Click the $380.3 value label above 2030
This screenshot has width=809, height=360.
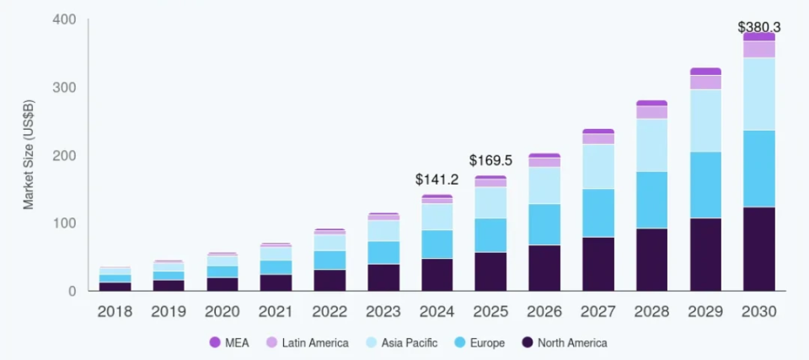(759, 27)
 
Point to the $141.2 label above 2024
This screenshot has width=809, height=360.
(437, 180)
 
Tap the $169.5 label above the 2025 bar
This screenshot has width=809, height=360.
(490, 160)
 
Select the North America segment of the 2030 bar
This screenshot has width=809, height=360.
(758, 249)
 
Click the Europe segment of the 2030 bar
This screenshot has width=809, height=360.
(758, 169)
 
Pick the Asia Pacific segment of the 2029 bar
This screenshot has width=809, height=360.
(705, 121)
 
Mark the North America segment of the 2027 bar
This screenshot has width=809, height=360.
(598, 264)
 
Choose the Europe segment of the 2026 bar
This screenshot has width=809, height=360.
(544, 224)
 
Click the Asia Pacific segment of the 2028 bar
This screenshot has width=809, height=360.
(651, 145)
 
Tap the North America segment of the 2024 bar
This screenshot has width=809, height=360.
(437, 275)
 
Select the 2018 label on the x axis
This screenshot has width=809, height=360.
(115, 312)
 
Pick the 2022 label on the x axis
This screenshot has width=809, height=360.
(329, 312)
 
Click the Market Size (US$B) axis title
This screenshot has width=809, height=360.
(28, 154)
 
